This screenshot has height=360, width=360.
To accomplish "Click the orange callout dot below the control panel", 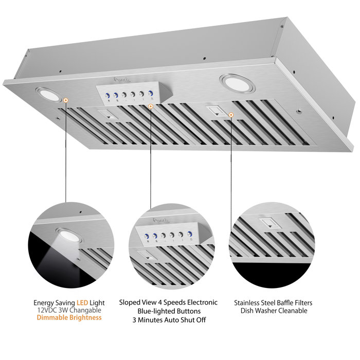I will pyautogui.click(x=150, y=106).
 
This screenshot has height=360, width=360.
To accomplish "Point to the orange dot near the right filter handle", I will pyautogui.click(x=231, y=114).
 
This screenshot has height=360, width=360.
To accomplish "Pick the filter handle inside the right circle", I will pyautogui.click(x=269, y=224).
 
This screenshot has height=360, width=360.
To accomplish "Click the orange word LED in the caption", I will pyautogui.click(x=84, y=303).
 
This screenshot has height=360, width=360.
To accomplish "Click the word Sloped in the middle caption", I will pyautogui.click(x=130, y=302).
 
